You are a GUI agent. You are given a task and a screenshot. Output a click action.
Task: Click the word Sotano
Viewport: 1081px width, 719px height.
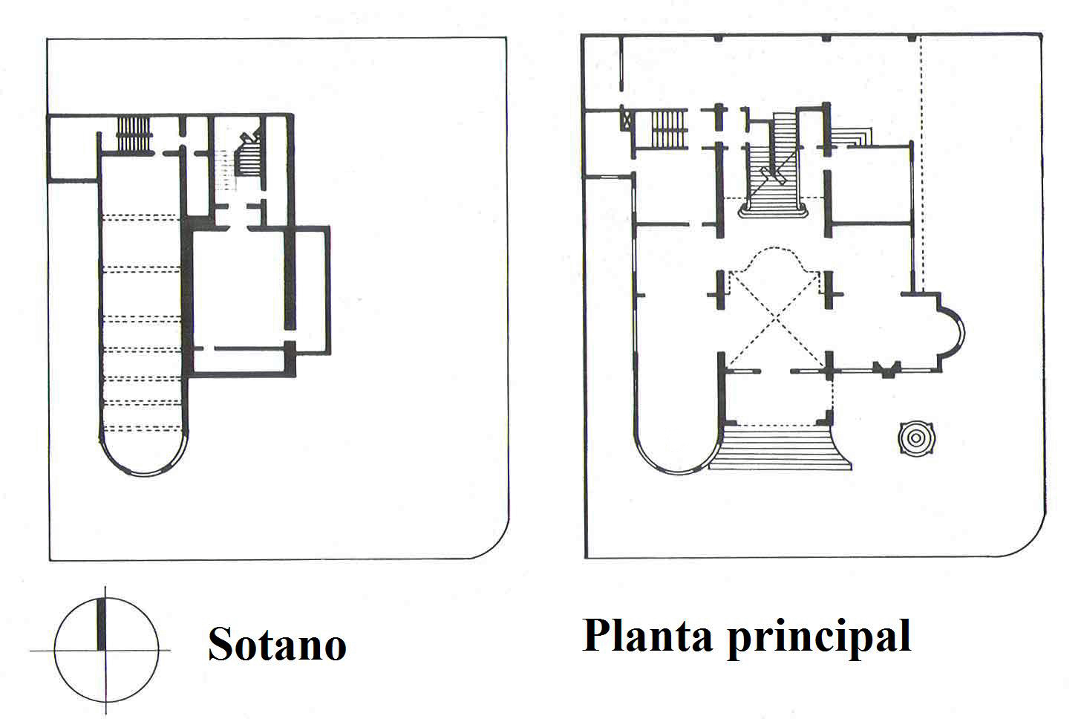[277, 644]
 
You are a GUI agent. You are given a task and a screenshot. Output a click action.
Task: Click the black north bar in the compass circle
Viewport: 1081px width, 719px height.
[102, 625]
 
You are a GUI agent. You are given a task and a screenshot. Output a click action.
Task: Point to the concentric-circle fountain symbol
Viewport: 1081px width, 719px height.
[915, 438]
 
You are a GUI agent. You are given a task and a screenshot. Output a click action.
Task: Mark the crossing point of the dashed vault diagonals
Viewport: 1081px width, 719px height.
[777, 321]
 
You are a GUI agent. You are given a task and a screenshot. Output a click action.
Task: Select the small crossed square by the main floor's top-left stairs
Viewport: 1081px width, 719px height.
[628, 118]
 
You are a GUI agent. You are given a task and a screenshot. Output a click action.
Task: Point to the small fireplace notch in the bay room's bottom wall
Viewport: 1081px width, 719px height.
[886, 370]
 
